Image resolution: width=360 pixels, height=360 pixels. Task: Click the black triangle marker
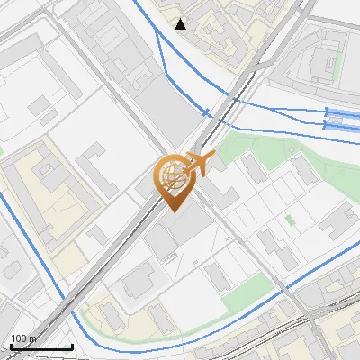coord(182,23)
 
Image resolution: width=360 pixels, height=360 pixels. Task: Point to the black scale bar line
coord(41,346)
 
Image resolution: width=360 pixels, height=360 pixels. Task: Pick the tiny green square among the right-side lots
coord(290,220)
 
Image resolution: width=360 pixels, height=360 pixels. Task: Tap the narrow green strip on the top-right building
coord(337,66)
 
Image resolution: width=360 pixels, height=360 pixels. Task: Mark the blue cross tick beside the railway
coord(208,113)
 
